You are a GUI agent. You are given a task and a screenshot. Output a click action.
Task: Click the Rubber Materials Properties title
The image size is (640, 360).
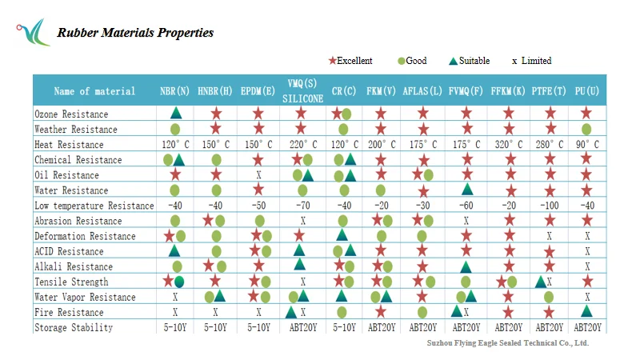(x=135, y=33)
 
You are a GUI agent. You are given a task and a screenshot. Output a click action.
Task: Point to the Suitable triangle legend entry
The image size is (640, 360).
(x=472, y=61)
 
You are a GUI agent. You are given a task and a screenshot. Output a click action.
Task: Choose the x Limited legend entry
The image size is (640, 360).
(x=532, y=61)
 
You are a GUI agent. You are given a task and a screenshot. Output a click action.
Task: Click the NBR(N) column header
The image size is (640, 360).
(x=174, y=91)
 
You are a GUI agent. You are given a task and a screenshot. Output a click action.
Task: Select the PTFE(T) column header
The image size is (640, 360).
(x=550, y=91)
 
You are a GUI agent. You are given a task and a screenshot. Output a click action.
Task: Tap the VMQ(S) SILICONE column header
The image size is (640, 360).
(x=302, y=91)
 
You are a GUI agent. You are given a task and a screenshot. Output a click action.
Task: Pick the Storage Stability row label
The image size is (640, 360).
(x=74, y=327)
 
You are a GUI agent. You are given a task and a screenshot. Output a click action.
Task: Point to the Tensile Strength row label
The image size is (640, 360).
(x=71, y=282)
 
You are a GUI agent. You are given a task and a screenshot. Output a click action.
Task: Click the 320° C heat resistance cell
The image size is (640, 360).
(x=508, y=145)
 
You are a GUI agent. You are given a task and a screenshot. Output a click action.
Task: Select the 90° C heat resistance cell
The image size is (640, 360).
(x=587, y=145)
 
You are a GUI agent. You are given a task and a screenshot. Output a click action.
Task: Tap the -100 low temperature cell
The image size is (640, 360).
(x=550, y=206)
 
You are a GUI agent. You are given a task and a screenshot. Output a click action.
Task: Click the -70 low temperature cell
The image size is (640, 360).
(x=302, y=206)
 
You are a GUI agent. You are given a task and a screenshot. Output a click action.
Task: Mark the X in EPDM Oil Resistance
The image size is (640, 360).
(x=258, y=175)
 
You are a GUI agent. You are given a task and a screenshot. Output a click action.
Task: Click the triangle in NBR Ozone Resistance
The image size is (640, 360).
(x=175, y=114)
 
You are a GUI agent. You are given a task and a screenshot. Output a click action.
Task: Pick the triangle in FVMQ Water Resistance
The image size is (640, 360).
(x=466, y=190)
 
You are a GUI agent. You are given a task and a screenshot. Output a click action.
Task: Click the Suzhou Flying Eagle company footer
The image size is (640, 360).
(x=508, y=342)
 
